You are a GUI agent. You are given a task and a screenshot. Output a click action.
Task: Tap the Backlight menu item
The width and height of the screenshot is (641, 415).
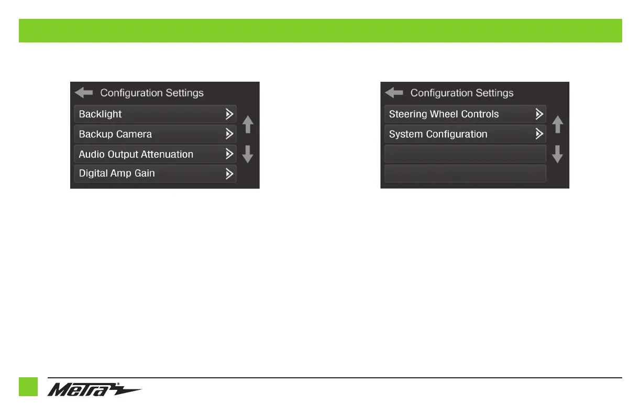click(x=154, y=114)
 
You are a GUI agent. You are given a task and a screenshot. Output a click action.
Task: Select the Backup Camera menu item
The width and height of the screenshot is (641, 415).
click(x=154, y=134)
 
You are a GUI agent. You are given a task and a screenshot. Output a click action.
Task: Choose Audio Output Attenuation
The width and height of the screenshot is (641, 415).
click(x=154, y=154)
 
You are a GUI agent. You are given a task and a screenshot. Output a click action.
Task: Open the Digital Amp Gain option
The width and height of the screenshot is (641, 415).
click(x=154, y=173)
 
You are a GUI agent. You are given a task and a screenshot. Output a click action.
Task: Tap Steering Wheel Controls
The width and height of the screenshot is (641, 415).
click(x=465, y=114)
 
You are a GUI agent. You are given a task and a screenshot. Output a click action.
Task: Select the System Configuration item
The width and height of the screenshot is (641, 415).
click(x=465, y=134)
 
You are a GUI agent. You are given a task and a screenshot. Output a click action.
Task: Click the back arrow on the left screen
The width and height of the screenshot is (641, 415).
click(x=83, y=93)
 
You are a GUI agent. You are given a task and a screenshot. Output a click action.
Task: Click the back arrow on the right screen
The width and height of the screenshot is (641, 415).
click(x=394, y=93)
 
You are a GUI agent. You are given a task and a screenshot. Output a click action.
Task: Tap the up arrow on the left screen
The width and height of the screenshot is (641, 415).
click(x=248, y=125)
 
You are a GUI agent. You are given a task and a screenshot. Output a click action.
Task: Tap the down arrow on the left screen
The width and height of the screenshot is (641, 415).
click(x=248, y=154)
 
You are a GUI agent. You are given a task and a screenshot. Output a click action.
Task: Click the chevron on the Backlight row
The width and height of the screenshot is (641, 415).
click(x=229, y=114)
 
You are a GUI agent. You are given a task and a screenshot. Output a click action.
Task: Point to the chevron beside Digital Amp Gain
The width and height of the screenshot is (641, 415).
click(x=229, y=173)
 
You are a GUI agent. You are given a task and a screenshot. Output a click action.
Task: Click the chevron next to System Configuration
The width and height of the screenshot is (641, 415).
click(x=539, y=134)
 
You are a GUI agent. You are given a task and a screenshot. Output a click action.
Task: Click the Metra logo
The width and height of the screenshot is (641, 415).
click(x=94, y=390)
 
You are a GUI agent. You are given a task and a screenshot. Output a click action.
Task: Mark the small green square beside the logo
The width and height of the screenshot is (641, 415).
click(x=28, y=387)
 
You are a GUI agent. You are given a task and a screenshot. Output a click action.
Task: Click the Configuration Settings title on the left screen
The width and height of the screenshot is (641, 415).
click(x=152, y=93)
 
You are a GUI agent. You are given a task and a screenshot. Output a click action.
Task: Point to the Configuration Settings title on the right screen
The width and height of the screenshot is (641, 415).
click(x=462, y=93)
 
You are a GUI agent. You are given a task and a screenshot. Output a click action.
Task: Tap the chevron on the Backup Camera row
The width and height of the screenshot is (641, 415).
click(x=229, y=134)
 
